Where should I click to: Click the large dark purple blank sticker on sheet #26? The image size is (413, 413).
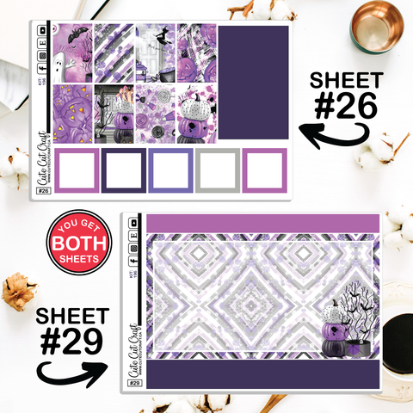pos(252,83)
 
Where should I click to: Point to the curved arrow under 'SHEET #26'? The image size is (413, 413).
pos(336,129)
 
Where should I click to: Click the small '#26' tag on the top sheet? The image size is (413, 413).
pos(45,191)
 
